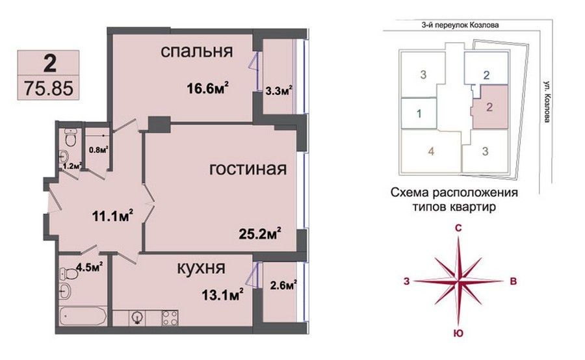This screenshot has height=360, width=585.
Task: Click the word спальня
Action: pyautogui.click(x=196, y=51)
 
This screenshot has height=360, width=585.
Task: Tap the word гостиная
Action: pyautogui.click(x=248, y=169)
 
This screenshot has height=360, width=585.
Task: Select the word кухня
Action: pyautogui.click(x=201, y=268)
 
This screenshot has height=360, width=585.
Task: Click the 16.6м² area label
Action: pyautogui.click(x=208, y=88)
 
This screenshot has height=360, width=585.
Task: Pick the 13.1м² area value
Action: pyautogui.click(x=223, y=295)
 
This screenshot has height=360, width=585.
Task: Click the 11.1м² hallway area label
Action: pyautogui.click(x=113, y=216)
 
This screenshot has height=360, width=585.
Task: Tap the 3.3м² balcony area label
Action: pyautogui.click(x=278, y=91)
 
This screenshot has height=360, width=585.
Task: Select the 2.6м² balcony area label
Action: pyautogui.click(x=283, y=286)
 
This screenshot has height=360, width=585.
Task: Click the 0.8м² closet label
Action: pyautogui.click(x=98, y=150)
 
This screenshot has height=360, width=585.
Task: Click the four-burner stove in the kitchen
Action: pyautogui.click(x=170, y=318)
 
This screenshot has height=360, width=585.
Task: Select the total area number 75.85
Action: pyautogui.click(x=49, y=88)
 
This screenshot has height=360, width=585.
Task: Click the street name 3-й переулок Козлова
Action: pyautogui.click(x=460, y=25)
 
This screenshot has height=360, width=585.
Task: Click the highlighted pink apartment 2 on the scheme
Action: pyautogui.click(x=489, y=107)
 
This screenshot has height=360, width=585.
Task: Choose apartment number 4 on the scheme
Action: pyautogui.click(x=432, y=151)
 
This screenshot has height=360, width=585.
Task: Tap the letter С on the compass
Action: pyautogui.click(x=459, y=229)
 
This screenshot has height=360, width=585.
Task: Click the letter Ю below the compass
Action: pyautogui.click(x=458, y=333)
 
